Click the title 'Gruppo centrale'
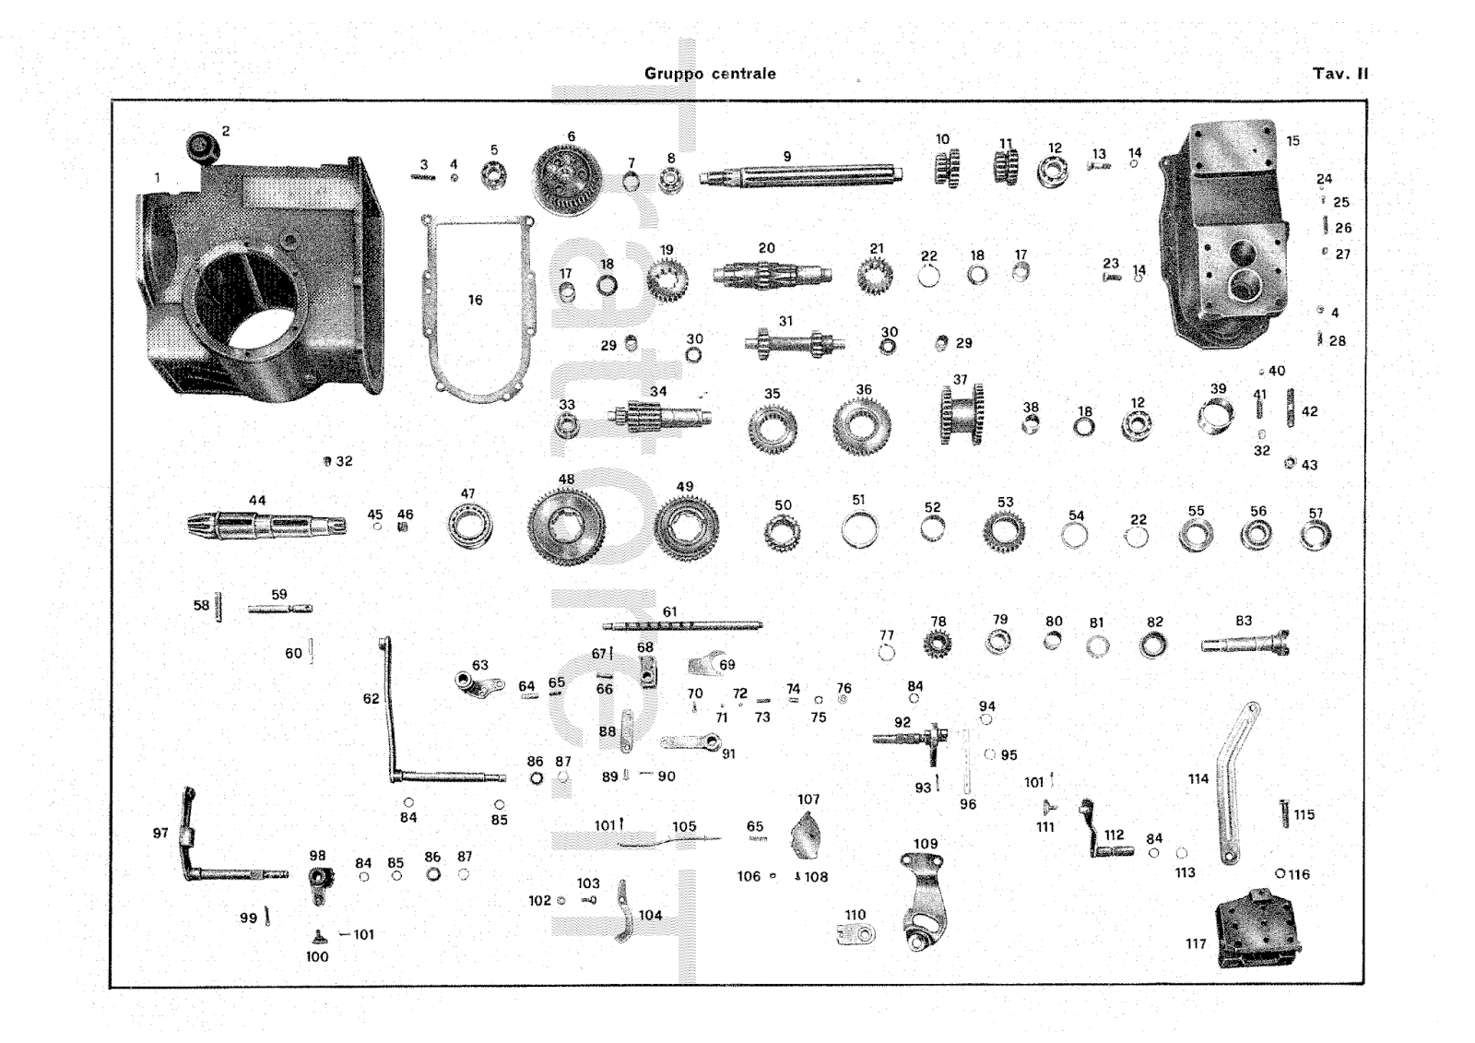point(710,74)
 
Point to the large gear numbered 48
point(566,527)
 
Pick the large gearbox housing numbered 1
point(258,286)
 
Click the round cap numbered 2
point(200,145)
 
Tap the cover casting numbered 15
point(1226,231)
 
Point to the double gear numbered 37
point(962,415)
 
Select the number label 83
point(1244,621)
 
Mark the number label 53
point(1005,503)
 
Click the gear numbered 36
point(861,425)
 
